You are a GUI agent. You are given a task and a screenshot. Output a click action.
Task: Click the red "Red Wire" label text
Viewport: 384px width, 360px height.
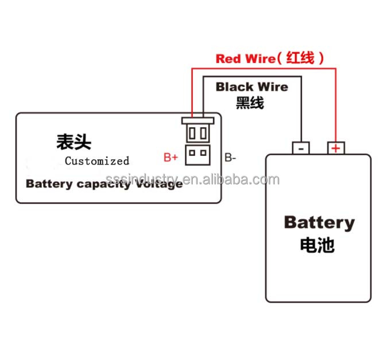tap(244, 58)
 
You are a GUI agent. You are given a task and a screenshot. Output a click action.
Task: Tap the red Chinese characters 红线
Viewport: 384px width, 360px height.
tap(302, 58)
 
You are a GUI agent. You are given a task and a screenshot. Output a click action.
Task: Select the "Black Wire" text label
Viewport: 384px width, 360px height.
tap(251, 87)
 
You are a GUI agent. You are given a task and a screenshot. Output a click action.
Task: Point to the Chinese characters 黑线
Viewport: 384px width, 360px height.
tap(250, 103)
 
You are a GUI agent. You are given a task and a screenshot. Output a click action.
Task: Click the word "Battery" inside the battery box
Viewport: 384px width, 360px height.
tap(319, 222)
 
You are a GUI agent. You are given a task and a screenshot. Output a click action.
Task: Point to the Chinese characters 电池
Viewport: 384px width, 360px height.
tap(317, 245)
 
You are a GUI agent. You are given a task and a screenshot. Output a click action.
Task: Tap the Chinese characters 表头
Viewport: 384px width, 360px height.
tap(73, 142)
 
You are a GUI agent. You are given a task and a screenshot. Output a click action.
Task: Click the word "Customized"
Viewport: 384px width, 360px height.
tap(97, 161)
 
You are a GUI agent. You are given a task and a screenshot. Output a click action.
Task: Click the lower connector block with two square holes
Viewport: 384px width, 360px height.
tap(197, 153)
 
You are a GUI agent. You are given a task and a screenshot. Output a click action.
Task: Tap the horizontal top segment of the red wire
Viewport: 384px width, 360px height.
tap(263, 66)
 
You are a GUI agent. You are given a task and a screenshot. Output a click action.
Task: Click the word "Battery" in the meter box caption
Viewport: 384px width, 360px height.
tap(48, 184)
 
